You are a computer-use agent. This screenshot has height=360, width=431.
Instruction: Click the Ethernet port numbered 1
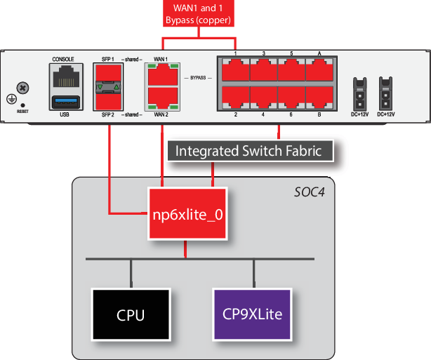coord(235,70)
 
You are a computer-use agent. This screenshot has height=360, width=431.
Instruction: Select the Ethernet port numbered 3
coord(263,70)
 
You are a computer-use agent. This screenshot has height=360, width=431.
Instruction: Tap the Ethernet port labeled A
coord(319,70)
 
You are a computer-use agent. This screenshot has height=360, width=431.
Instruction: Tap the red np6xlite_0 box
coord(187,214)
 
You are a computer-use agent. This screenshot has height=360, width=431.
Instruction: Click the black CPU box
coord(131,314)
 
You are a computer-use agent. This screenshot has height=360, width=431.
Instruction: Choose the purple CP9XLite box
coord(252,314)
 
